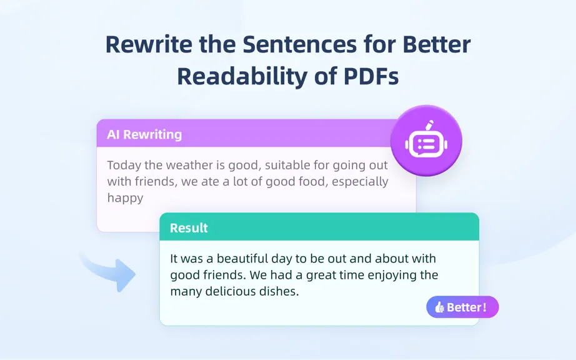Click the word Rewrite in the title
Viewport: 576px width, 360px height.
tap(149, 44)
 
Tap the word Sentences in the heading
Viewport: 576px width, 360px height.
tap(300, 44)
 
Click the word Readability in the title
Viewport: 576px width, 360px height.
tap(242, 77)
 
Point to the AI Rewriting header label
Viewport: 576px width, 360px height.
tap(144, 134)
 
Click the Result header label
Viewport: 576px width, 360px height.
tap(189, 228)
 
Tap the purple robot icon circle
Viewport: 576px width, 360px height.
tap(426, 141)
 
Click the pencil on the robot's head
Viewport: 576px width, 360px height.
tap(429, 125)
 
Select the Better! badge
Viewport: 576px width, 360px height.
tap(462, 307)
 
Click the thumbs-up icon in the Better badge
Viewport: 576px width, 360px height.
tap(439, 307)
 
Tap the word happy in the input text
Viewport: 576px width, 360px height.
tap(126, 198)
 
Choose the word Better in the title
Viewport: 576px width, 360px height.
tap(437, 44)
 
